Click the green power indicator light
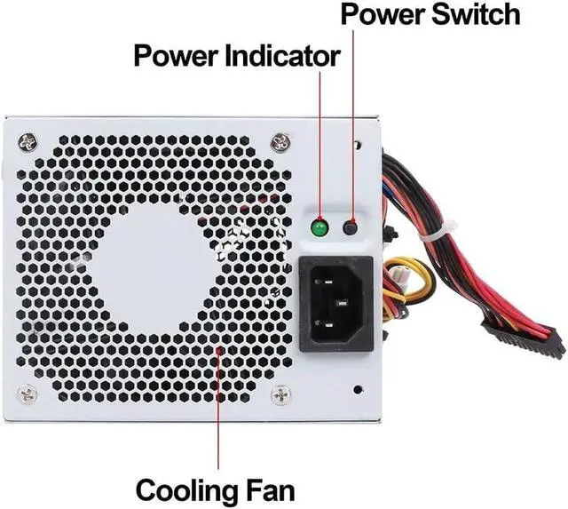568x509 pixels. tap(319, 228)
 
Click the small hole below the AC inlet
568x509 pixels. tap(358, 389)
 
